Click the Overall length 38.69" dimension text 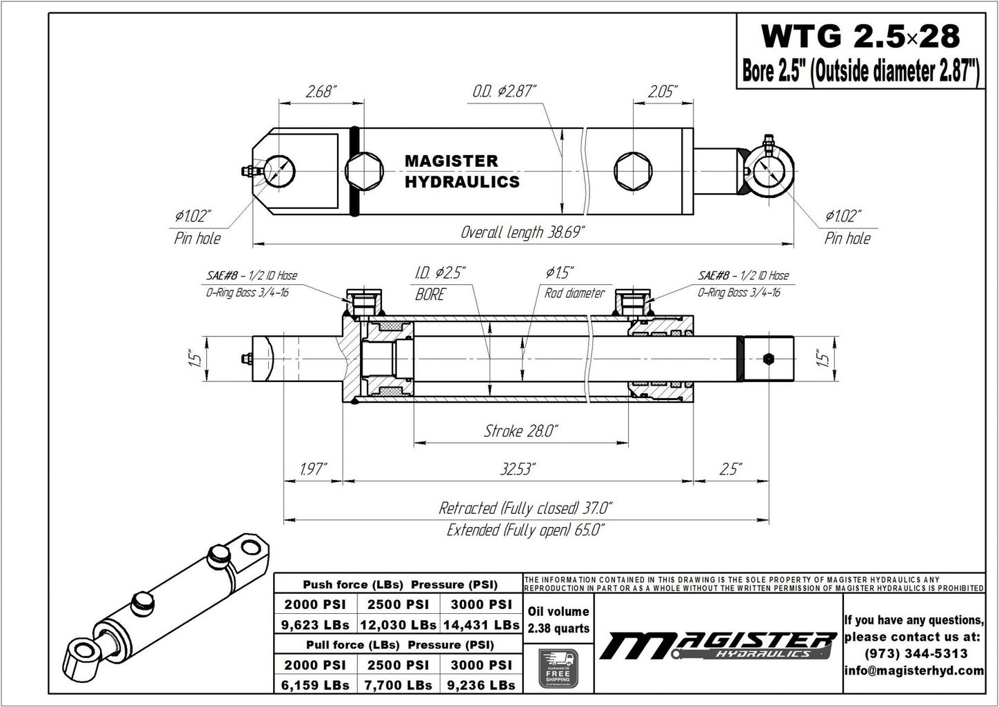[523, 232]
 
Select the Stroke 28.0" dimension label [521, 432]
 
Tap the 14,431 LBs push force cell [481, 625]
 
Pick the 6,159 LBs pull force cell [316, 685]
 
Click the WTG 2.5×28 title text [859, 36]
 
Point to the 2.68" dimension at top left [321, 92]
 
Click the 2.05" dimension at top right [662, 92]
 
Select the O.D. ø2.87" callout [504, 91]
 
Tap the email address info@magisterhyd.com [914, 670]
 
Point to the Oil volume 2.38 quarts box [558, 619]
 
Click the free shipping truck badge [558, 668]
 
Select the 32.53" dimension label [518, 470]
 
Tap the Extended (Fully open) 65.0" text [525, 530]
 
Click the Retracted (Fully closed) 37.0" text [525, 509]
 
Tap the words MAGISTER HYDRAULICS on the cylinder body [461, 171]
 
